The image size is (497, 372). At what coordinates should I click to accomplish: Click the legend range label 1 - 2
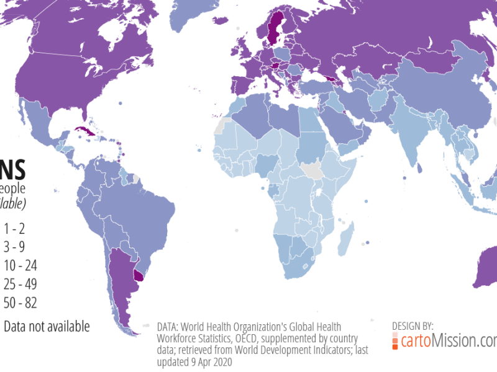(x=14, y=228)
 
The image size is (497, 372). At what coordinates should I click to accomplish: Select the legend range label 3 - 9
(x=14, y=247)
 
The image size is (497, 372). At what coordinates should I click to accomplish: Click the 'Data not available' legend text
(x=47, y=327)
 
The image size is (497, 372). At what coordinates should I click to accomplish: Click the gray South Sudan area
(x=309, y=170)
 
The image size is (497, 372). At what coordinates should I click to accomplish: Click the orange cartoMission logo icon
(x=395, y=341)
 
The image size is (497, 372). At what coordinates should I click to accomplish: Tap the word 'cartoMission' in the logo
(x=446, y=340)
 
